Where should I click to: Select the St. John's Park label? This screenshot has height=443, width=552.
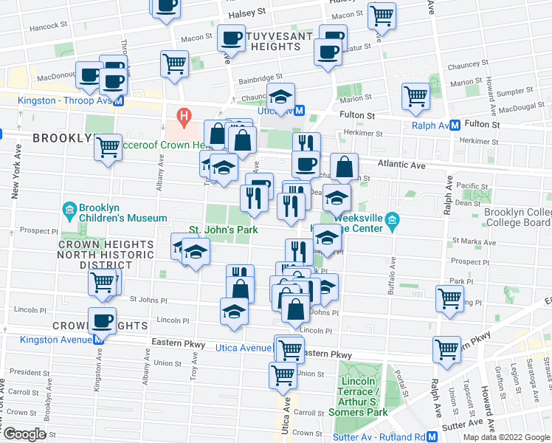pos(222,230)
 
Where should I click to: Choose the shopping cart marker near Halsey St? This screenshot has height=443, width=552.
pos(382,15)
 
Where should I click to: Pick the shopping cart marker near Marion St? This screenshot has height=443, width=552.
pos(415,95)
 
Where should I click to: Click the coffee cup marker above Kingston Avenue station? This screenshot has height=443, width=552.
pos(102,320)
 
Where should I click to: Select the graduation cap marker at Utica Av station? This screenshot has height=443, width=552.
pos(280,96)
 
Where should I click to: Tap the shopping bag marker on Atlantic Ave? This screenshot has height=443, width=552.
pos(344,167)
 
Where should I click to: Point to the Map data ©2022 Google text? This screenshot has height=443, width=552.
pos(506,437)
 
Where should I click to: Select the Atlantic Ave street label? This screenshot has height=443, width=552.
pos(404,165)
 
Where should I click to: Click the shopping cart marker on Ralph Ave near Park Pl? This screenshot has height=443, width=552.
pos(449,298)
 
